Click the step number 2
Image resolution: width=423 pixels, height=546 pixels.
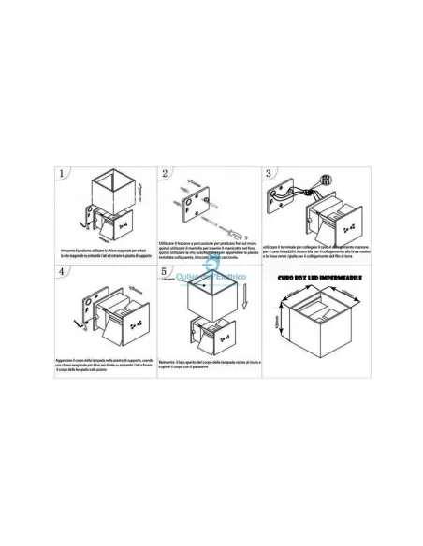(165, 175)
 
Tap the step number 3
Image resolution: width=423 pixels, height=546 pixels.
(269, 175)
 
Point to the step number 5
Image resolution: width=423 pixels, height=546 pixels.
(165, 273)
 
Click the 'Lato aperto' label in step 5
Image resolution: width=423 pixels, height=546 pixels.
(170, 280)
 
